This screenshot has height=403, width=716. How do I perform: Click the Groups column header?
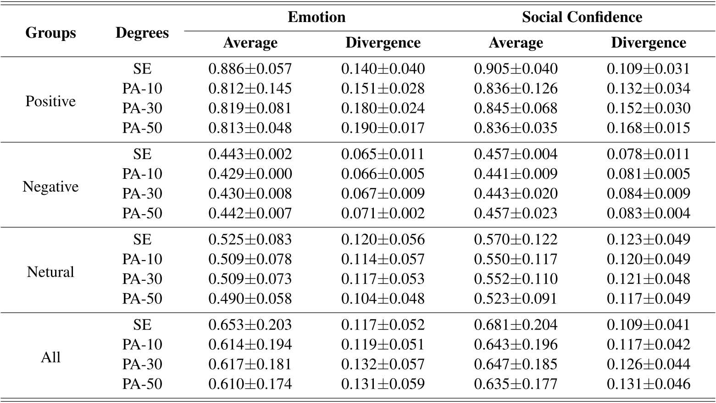(x=50, y=33)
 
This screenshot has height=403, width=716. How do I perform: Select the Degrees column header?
(x=142, y=33)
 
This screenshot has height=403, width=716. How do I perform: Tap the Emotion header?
(x=316, y=17)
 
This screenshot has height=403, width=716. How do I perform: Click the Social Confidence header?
(x=582, y=17)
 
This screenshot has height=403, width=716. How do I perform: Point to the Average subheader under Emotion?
(x=250, y=43)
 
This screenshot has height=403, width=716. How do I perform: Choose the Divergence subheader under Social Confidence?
(x=648, y=43)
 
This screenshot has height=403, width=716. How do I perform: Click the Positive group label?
(x=50, y=101)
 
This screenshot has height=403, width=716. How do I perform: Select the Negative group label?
(x=50, y=187)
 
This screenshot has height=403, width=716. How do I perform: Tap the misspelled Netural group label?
(x=50, y=272)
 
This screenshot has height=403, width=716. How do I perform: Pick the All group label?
(x=50, y=358)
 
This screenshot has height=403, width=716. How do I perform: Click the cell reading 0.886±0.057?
(x=250, y=69)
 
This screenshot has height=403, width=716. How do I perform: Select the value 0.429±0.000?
(x=250, y=174)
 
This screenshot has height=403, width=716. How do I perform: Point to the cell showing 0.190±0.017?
(x=383, y=128)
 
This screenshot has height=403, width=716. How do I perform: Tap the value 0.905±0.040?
(x=516, y=69)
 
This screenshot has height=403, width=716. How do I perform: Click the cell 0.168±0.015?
(x=648, y=128)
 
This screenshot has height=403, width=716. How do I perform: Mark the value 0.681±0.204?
(x=516, y=325)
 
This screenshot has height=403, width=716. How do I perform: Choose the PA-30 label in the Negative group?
(x=142, y=193)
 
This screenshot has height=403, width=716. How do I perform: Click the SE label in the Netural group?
(x=142, y=239)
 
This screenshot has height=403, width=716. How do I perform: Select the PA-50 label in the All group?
(x=142, y=384)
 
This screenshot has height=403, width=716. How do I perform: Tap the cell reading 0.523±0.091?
(x=516, y=299)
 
